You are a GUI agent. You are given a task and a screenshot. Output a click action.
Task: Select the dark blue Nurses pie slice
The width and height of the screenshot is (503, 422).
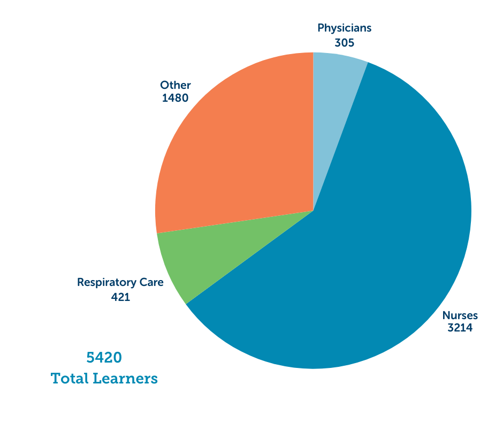pyautogui.click(x=375, y=225)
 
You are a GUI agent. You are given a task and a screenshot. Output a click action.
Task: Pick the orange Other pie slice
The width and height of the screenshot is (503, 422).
pyautogui.click(x=235, y=150)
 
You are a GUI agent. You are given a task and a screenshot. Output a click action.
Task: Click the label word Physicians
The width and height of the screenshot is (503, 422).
pyautogui.click(x=344, y=28)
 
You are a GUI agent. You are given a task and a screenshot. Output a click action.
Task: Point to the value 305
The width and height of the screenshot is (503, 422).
pyautogui.click(x=345, y=42)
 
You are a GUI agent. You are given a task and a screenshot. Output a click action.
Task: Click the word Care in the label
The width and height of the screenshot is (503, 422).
pyautogui.click(x=151, y=282)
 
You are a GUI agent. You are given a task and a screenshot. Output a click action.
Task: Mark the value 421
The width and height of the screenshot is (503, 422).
pyautogui.click(x=120, y=297)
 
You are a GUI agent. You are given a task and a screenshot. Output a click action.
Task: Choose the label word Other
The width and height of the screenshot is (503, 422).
pyautogui.click(x=176, y=85)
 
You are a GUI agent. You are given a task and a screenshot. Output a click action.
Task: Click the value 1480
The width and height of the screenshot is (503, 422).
pyautogui.click(x=175, y=99)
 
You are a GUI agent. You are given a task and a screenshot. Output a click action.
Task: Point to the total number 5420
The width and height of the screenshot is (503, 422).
pyautogui.click(x=104, y=357)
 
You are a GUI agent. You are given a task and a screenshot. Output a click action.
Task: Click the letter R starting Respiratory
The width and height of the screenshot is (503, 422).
pyautogui.click(x=80, y=282)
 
